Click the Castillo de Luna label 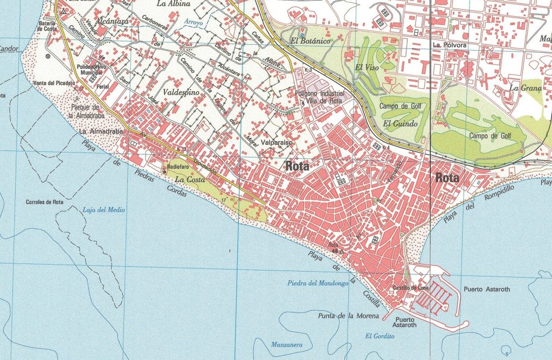(410, 288)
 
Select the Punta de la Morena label (348, 315)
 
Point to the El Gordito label (380, 336)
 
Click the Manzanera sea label (286, 344)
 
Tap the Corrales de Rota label (45, 203)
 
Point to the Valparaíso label (276, 143)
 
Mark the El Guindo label (401, 124)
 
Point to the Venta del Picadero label (54, 83)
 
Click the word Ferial (102, 86)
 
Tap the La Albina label (173, 3)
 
